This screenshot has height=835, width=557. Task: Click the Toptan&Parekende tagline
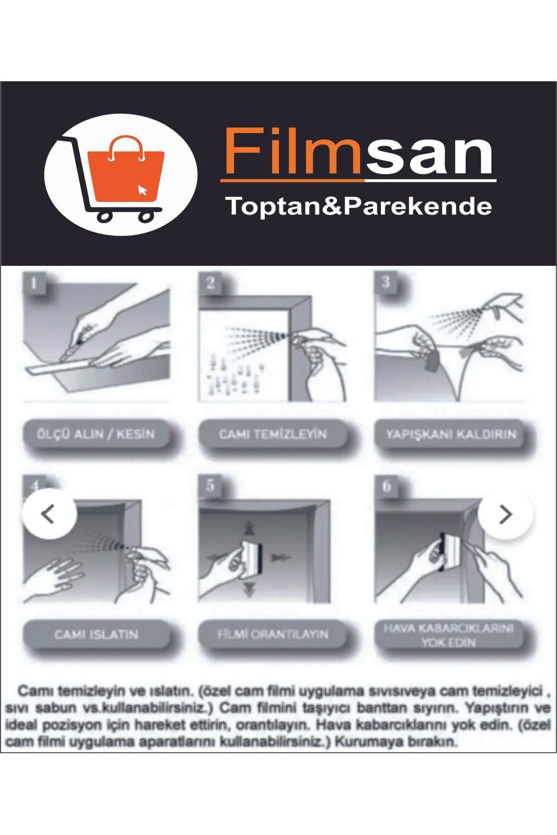point(358,206)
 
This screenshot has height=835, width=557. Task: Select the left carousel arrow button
point(49,514)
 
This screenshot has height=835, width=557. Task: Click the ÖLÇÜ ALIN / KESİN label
point(96,435)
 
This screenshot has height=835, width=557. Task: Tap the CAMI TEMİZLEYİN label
point(273,435)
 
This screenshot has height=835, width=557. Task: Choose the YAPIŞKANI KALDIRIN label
point(451,435)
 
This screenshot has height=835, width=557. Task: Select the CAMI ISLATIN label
point(96,634)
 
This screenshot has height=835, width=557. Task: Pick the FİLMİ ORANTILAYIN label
point(273,634)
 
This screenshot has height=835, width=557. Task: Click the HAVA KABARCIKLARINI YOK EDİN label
point(449,635)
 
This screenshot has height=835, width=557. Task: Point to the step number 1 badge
point(34,283)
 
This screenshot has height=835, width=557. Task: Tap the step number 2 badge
point(211,283)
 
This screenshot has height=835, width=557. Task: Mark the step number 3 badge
point(386,282)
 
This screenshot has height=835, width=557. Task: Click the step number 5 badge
point(210,486)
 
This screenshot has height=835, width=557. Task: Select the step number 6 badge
point(386,486)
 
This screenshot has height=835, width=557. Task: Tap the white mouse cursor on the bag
point(142,190)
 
